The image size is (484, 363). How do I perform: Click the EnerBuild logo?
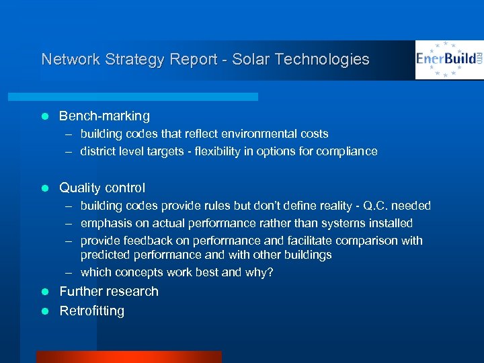[x=448, y=60]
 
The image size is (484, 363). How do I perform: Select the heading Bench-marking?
[x=104, y=116]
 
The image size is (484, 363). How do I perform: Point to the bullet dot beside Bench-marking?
[x=45, y=116]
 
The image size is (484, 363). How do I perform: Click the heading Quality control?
[x=102, y=188]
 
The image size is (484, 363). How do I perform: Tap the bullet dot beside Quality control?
[x=45, y=188]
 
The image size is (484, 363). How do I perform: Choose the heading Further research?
[x=109, y=291]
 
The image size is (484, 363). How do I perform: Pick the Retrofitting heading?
[x=92, y=311]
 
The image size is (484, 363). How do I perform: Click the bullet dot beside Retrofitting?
[x=45, y=311]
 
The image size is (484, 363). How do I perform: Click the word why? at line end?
[x=260, y=273]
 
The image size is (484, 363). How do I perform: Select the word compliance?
[x=348, y=151]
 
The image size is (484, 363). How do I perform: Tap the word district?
[x=97, y=151]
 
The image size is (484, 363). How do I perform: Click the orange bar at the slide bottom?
[x=128, y=357]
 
